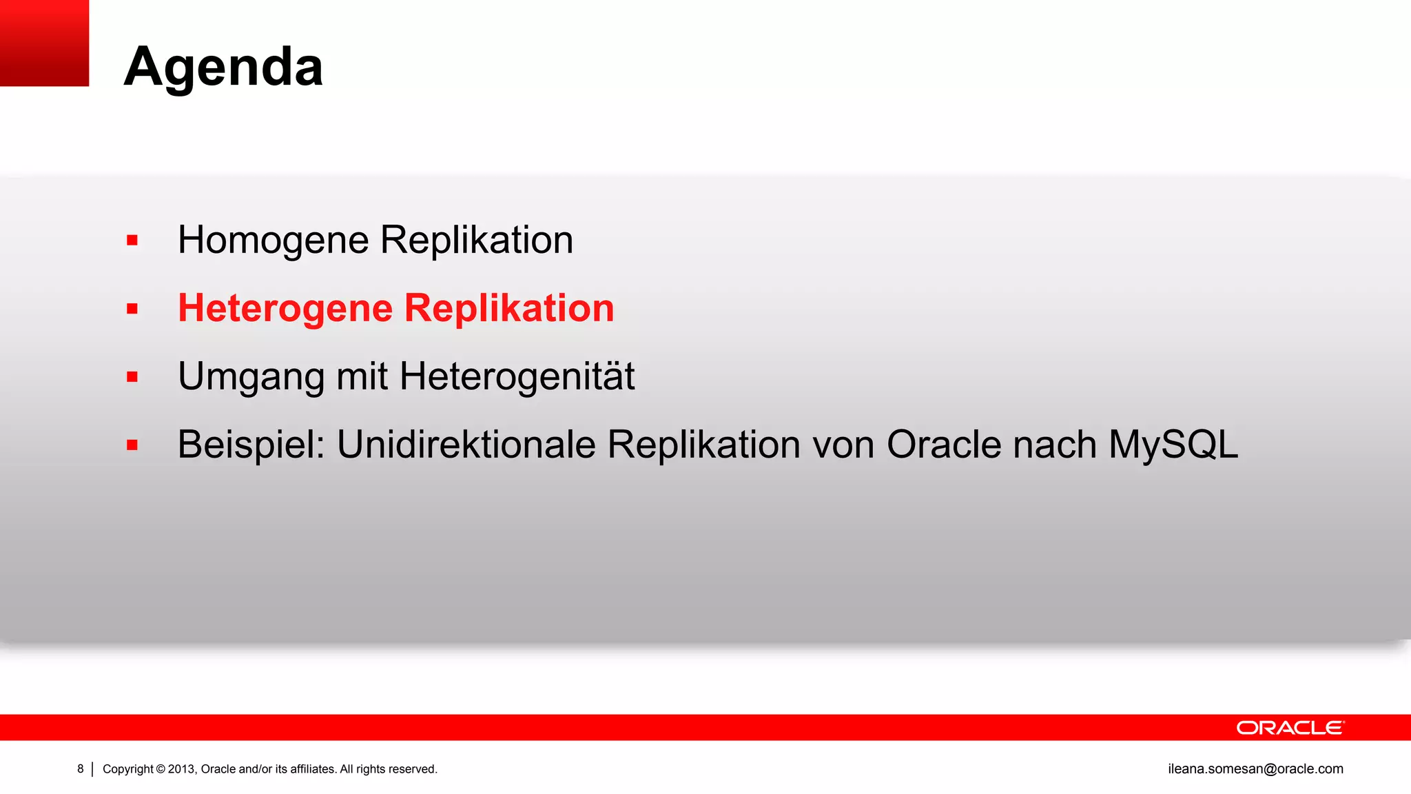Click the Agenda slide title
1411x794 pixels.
[x=223, y=67]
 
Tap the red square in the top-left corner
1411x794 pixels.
[x=44, y=43]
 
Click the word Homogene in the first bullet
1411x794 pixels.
[x=274, y=241]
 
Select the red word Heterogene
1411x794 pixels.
[x=285, y=308]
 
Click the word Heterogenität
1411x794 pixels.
[x=517, y=376]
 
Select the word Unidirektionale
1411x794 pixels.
[x=466, y=445]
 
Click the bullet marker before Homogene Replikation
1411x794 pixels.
[x=132, y=241]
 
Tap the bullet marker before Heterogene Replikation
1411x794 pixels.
[x=132, y=309]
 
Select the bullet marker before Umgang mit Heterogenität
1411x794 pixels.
[x=132, y=377]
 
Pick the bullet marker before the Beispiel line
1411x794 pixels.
[x=132, y=445]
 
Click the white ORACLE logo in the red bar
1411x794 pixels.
[x=1290, y=728]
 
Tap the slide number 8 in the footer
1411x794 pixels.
[x=81, y=768]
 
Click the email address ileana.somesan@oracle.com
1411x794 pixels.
[x=1255, y=768]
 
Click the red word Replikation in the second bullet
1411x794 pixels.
[x=508, y=308]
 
